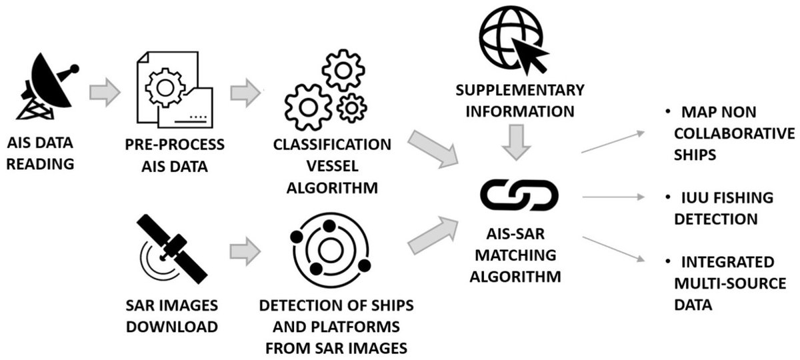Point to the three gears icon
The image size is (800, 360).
click(x=326, y=87)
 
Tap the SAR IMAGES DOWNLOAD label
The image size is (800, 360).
click(x=173, y=316)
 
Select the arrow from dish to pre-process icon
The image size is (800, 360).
click(x=104, y=92)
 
